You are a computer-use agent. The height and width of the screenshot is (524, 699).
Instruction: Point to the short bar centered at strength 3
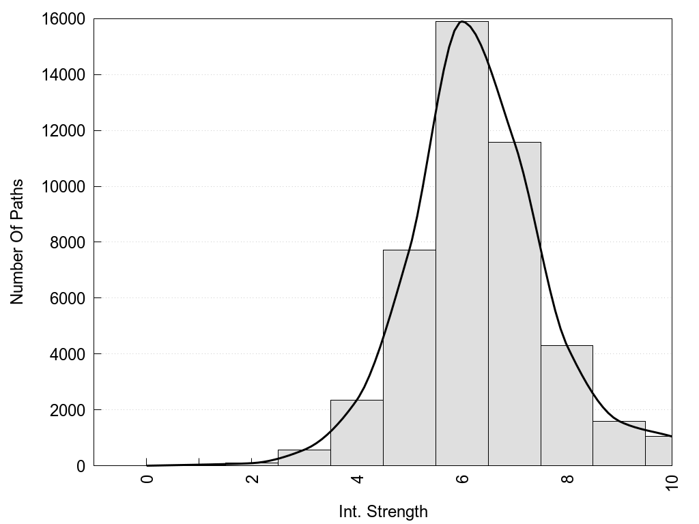pyautogui.click(x=304, y=458)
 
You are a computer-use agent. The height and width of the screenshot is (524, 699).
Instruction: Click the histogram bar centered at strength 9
pyautogui.click(x=619, y=443)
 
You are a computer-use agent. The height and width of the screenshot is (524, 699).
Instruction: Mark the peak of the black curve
pyautogui.click(x=462, y=22)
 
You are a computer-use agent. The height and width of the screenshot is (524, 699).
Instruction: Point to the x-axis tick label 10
pyautogui.click(x=672, y=482)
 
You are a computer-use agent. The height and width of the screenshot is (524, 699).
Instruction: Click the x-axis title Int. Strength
pyautogui.click(x=383, y=512)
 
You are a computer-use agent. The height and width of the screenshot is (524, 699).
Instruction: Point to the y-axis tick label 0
pyautogui.click(x=81, y=466)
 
